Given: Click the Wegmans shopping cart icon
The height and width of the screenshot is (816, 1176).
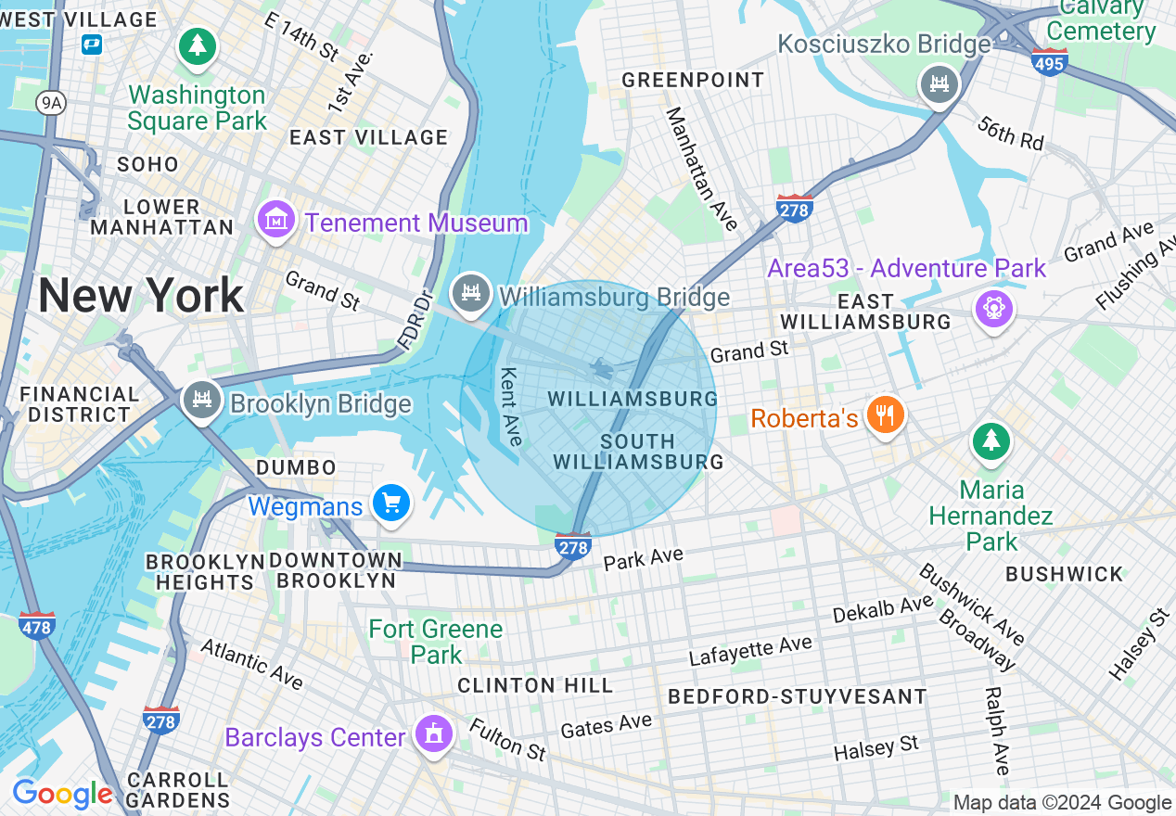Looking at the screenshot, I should tap(390, 504).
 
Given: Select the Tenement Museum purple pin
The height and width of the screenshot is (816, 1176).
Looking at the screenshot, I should tap(276, 221).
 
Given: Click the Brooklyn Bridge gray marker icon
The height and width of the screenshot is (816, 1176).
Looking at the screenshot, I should tap(200, 400).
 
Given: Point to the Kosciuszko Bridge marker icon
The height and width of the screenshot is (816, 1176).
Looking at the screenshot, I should tap(939, 85).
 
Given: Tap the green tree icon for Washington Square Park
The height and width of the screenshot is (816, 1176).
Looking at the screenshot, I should tap(197, 45).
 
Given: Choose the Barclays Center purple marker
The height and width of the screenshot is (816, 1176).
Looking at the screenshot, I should tap(432, 735).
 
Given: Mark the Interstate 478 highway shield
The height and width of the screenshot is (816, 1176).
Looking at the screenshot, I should tap(36, 624).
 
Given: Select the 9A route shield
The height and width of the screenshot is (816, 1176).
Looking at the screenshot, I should tap(52, 103).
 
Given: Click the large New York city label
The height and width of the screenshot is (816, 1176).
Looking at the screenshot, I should tap(141, 296).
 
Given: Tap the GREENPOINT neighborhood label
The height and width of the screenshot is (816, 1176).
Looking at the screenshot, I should tap(693, 81).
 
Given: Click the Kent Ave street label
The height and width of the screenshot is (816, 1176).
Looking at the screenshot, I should tap(511, 405).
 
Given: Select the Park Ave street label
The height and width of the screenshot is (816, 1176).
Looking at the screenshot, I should tap(643, 559).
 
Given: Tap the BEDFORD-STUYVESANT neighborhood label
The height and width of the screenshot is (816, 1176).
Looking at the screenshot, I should tap(797, 696).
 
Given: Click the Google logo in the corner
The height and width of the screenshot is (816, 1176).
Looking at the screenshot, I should tap(62, 794).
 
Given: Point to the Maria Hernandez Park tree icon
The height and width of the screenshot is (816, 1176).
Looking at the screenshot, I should tap(991, 441).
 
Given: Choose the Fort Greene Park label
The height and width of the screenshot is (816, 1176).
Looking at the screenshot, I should tap(436, 642).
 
